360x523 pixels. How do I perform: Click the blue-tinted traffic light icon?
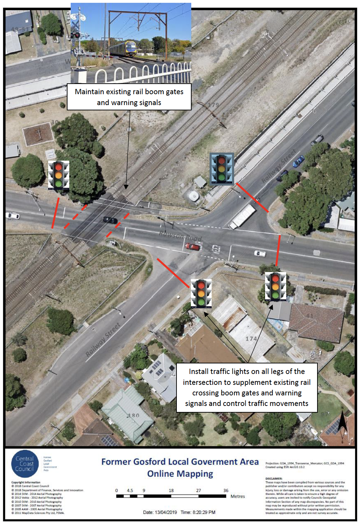click(221, 169)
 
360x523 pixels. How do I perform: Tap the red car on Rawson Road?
click(192, 247)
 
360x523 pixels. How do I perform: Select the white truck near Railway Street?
click(242, 216)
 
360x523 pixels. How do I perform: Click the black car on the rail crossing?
click(110, 220)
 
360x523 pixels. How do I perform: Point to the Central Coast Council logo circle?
click(25, 464)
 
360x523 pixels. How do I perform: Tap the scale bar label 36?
click(226, 490)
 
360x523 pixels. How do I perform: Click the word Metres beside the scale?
click(238, 496)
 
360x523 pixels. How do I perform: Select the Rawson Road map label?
click(180, 236)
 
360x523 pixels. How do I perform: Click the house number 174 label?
click(251, 338)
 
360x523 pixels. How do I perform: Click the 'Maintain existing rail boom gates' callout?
click(129, 97)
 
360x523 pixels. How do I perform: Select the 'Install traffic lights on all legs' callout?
click(247, 387)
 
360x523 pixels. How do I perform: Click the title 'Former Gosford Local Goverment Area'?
click(180, 461)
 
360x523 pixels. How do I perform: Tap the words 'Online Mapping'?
click(180, 474)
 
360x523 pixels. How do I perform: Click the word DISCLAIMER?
click(274, 478)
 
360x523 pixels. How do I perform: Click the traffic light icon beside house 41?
click(275, 287)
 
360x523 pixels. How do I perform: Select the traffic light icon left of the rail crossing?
click(59, 175)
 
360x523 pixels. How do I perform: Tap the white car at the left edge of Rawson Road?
click(13, 215)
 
